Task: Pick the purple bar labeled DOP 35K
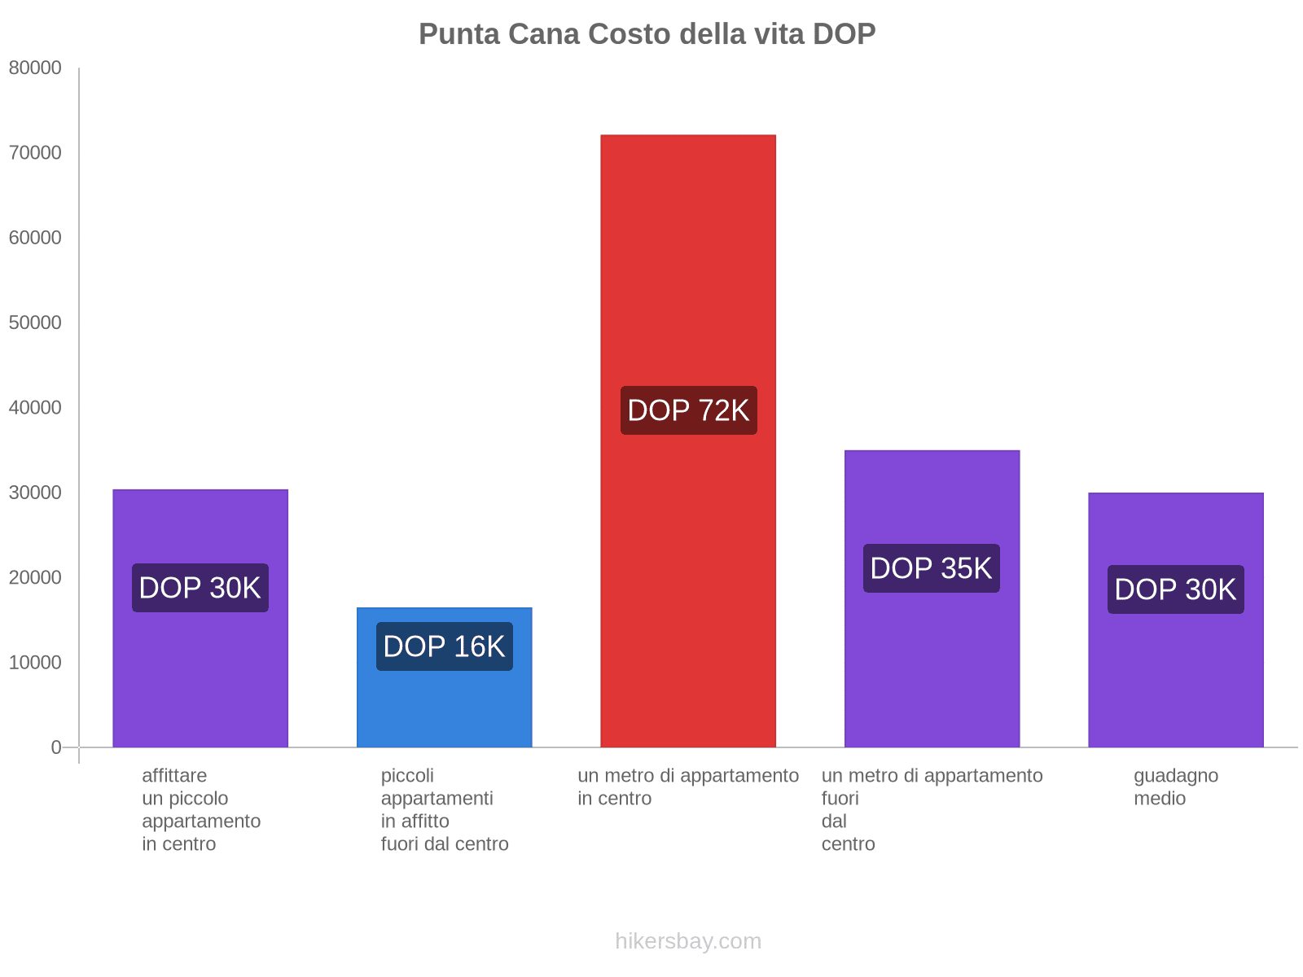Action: click(x=932, y=651)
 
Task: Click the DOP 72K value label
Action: click(x=688, y=410)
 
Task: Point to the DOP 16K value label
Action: click(x=444, y=646)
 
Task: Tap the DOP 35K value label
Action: click(x=931, y=568)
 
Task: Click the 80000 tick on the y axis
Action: click(x=35, y=68)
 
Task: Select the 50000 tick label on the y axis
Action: click(x=35, y=323)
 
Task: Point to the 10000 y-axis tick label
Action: click(x=35, y=663)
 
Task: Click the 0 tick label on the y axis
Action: click(x=56, y=747)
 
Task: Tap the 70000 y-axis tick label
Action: click(x=35, y=153)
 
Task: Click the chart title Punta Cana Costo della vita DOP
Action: click(x=647, y=34)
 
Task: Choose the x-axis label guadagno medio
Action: click(x=1175, y=786)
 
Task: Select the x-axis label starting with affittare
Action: click(x=200, y=809)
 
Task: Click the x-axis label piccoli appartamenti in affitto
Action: click(x=444, y=809)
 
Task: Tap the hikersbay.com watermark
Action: click(x=688, y=941)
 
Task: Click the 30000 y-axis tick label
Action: click(x=35, y=493)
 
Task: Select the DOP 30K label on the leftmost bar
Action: click(x=200, y=588)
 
